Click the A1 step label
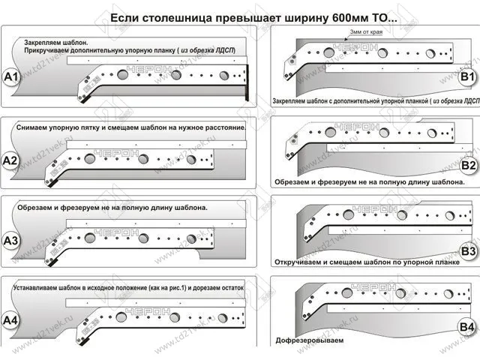[11, 77]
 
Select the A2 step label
[11, 160]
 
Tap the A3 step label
[11, 241]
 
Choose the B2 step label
[468, 164]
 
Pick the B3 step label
[468, 250]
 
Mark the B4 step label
[468, 327]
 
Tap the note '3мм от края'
[366, 33]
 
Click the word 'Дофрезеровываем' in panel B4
[309, 340]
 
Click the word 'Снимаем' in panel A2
[32, 127]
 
